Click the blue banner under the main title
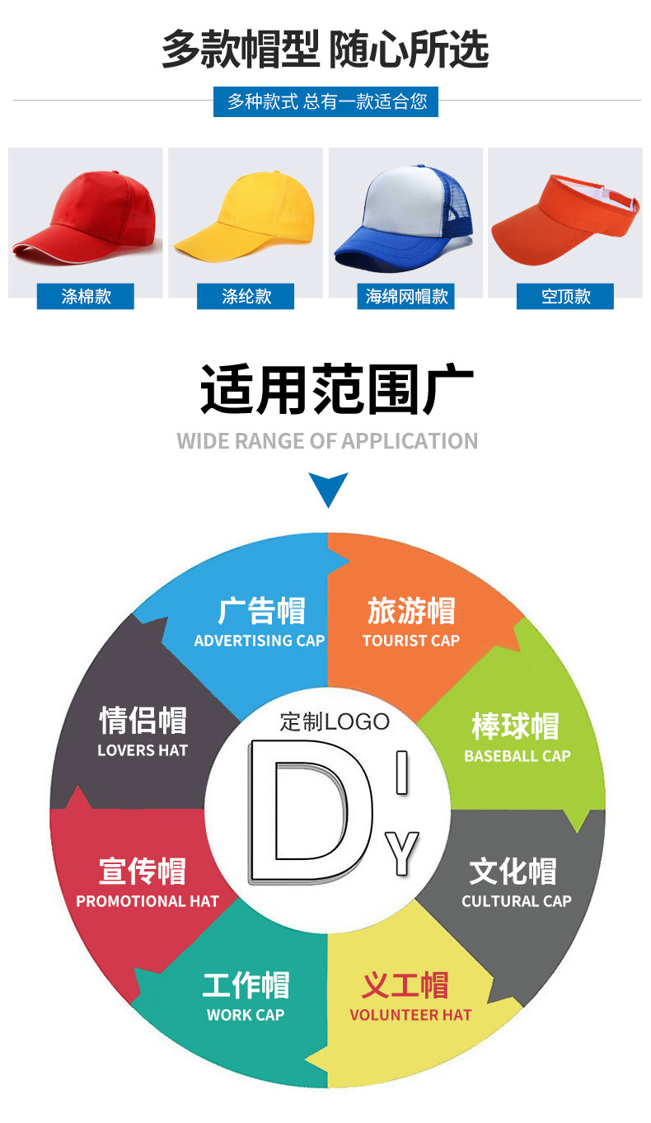[x=326, y=102]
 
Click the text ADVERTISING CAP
[x=260, y=641]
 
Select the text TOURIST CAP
[x=410, y=641]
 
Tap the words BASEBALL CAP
[x=517, y=756]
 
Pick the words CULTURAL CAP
[x=516, y=901]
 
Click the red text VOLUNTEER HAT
[x=410, y=1015]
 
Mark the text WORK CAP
[x=246, y=1015]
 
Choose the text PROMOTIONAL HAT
[x=148, y=901]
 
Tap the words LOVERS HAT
[x=143, y=750]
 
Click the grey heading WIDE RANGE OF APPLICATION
[x=327, y=441]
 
